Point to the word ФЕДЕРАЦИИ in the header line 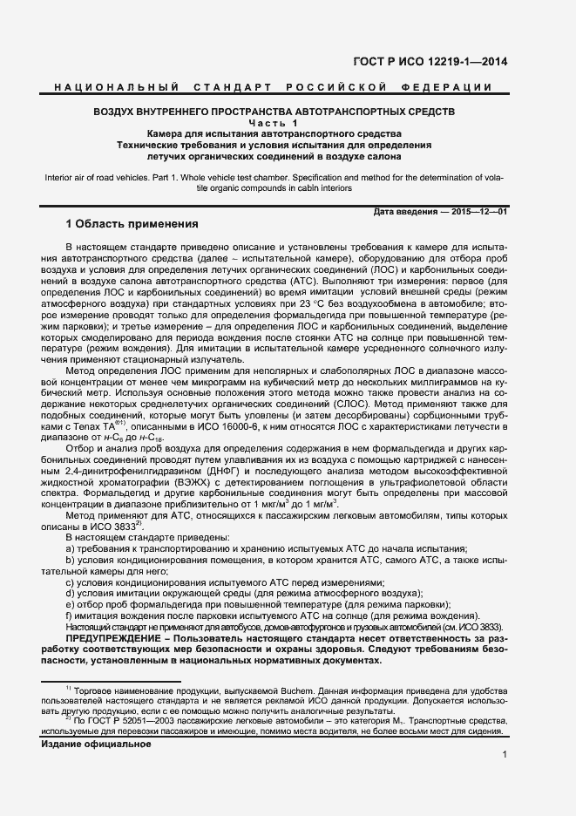pyautogui.click(x=452, y=88)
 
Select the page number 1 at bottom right pyautogui.click(x=505, y=757)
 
